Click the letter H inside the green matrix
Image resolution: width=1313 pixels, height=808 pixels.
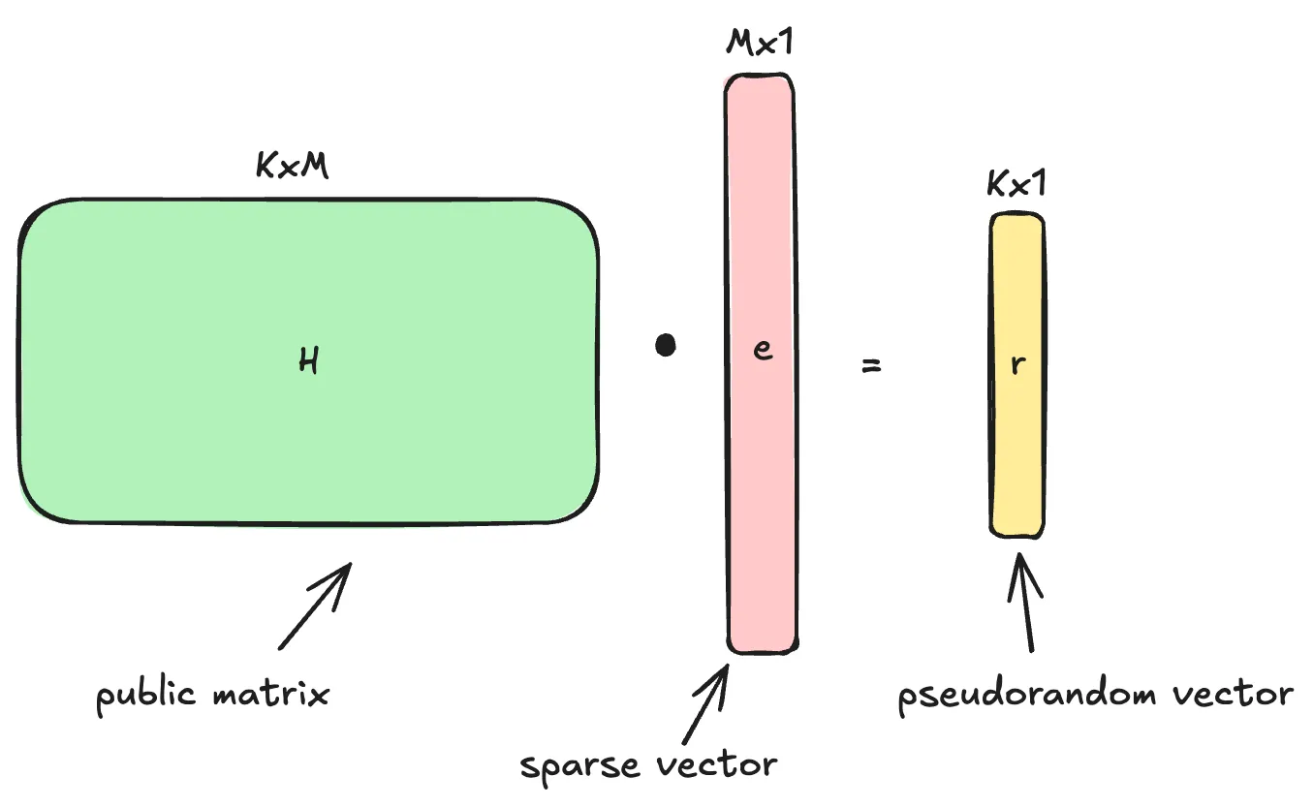[309, 361]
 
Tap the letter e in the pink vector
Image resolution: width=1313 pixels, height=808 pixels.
[763, 351]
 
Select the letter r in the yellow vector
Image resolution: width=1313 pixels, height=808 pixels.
[1017, 367]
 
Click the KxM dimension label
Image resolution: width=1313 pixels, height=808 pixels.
[292, 167]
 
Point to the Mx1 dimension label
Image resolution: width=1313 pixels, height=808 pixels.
[761, 44]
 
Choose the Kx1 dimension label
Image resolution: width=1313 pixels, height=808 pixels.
[1016, 183]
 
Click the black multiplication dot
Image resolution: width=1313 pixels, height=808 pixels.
[665, 345]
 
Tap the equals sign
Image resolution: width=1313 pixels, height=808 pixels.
[872, 367]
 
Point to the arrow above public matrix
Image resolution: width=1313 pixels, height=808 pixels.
[316, 605]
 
